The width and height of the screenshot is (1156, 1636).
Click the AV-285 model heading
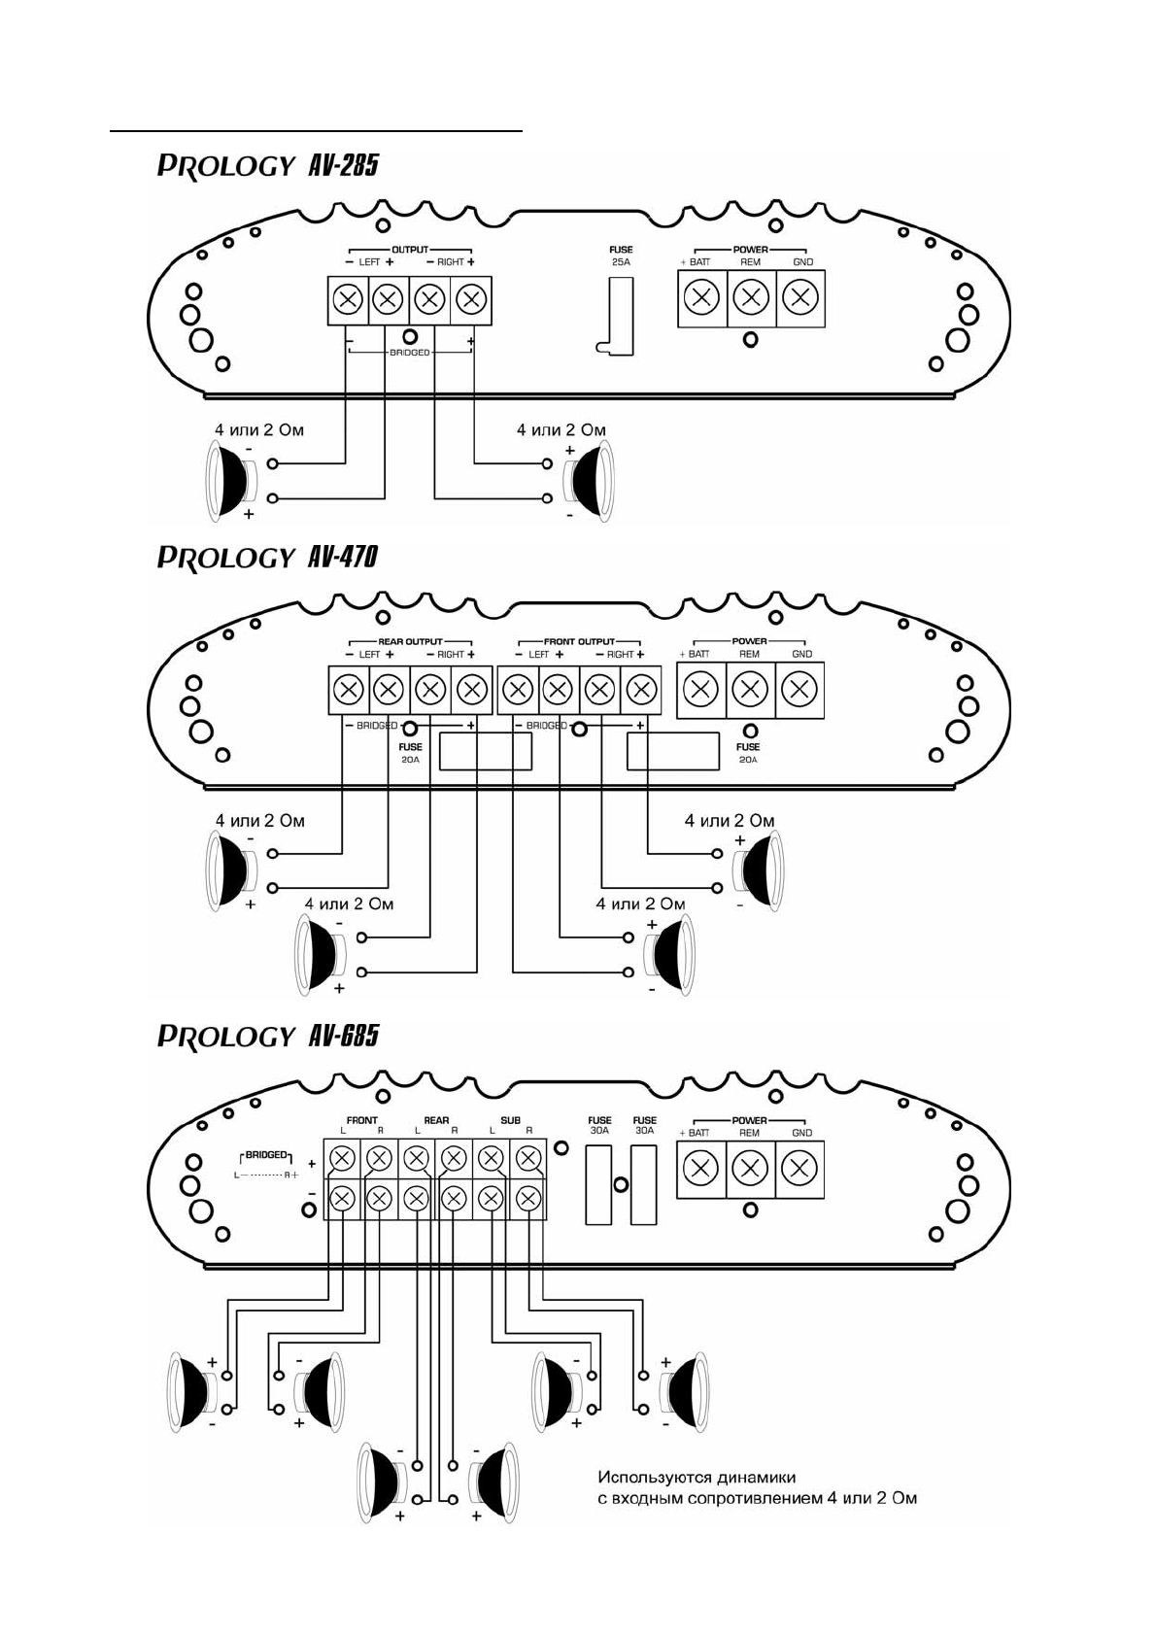(x=267, y=165)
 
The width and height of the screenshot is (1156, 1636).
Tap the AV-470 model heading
(x=267, y=557)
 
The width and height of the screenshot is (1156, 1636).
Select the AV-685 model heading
(x=267, y=1037)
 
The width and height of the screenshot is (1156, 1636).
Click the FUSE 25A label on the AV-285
(x=621, y=256)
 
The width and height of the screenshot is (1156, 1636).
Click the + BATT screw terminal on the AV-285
(x=701, y=297)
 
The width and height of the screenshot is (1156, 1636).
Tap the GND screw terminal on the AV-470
(x=799, y=690)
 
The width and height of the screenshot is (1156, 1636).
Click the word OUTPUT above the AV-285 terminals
(x=410, y=250)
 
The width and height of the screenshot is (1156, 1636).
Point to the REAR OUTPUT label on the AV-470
(x=410, y=641)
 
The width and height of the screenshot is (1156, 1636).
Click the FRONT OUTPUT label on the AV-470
(x=579, y=641)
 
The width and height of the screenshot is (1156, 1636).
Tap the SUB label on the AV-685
(x=510, y=1120)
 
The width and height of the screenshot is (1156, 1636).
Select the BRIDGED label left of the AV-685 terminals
(x=266, y=1155)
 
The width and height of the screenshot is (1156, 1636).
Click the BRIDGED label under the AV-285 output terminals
(x=410, y=353)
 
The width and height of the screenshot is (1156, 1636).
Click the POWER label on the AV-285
(x=750, y=250)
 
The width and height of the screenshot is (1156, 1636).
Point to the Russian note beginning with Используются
(x=757, y=1487)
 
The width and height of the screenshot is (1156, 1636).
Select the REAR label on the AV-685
(x=436, y=1120)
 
